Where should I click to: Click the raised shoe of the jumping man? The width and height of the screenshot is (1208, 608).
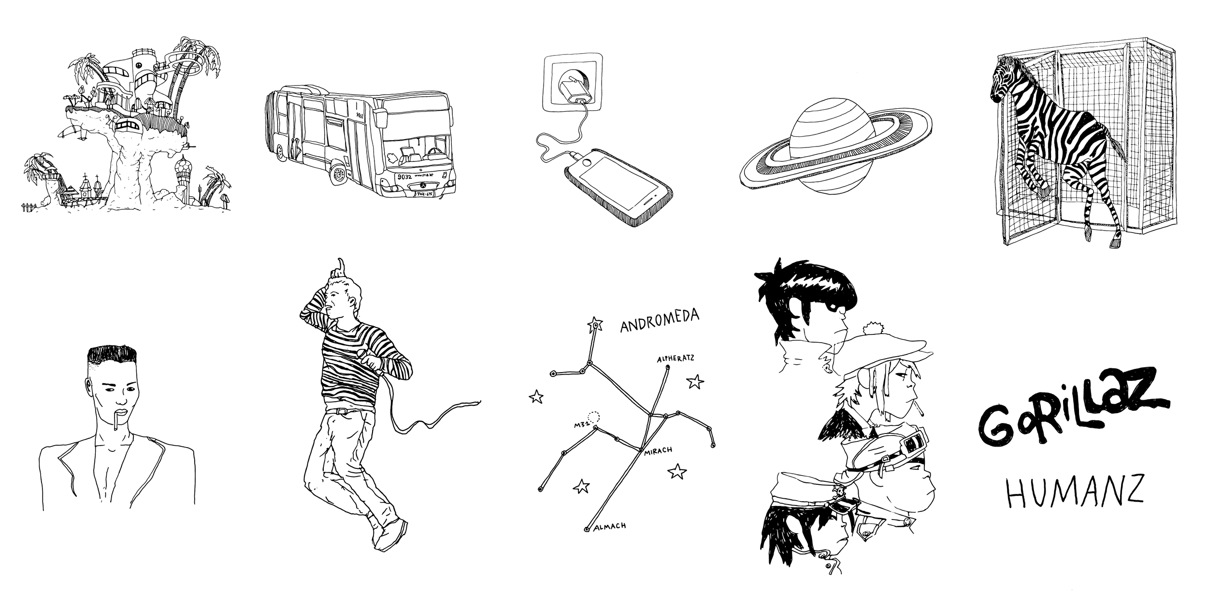click(x=390, y=534)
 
